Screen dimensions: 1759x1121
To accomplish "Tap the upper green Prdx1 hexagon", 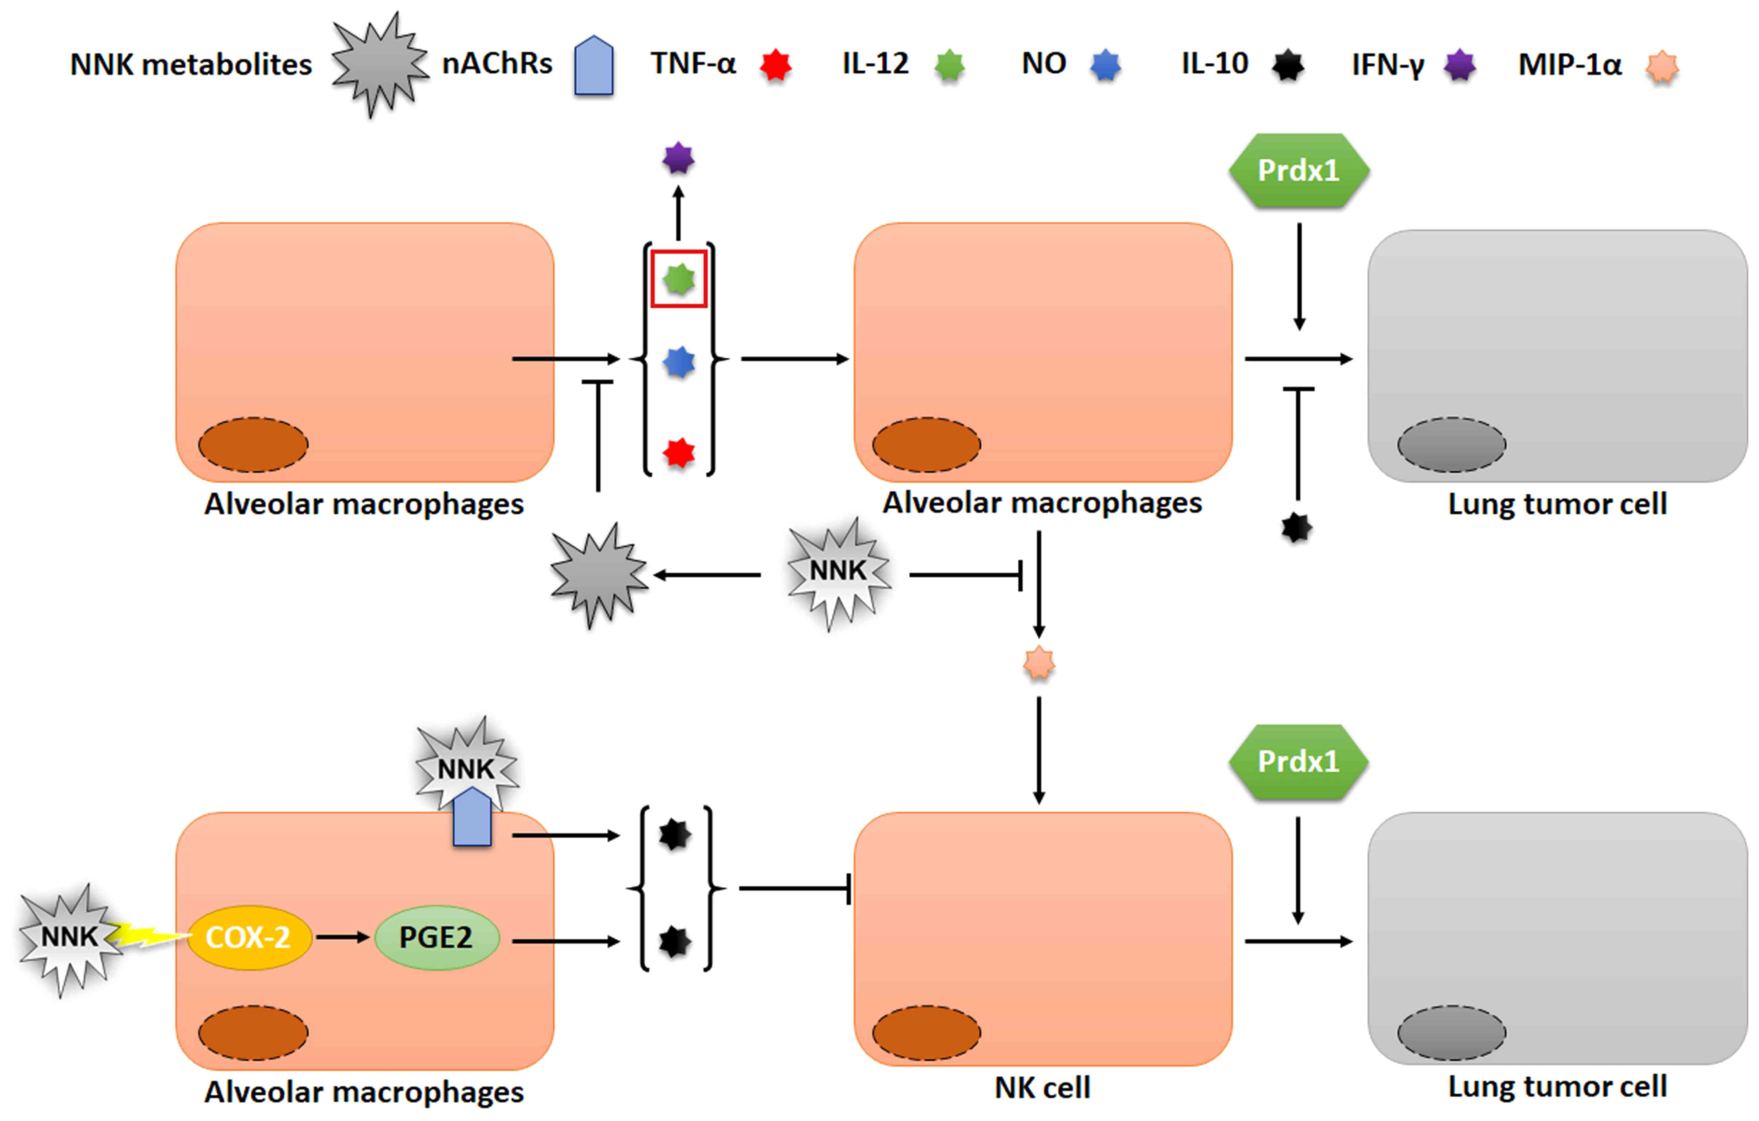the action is pyautogui.click(x=1299, y=170).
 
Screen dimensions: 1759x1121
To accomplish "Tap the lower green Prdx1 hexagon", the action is pyautogui.click(x=1299, y=761).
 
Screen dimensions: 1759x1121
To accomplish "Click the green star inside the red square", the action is pyautogui.click(x=679, y=279).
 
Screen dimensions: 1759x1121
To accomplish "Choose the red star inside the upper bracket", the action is pyautogui.click(x=679, y=453).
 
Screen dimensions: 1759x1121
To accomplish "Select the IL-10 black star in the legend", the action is pyautogui.click(x=1288, y=65).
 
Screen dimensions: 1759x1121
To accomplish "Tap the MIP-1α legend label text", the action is pyautogui.click(x=1570, y=64).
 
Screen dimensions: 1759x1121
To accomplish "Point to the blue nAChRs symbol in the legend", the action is pyautogui.click(x=594, y=65).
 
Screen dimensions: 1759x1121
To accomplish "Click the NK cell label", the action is pyautogui.click(x=1042, y=1087).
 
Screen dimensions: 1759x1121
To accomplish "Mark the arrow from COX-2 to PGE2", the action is pyautogui.click(x=343, y=937).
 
